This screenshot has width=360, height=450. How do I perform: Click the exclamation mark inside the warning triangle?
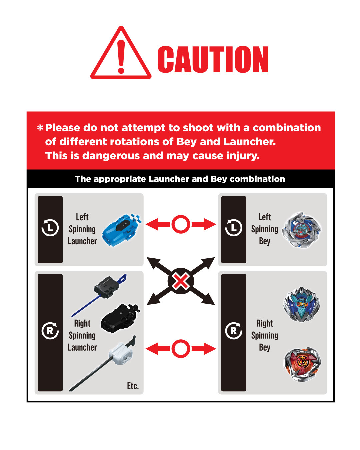(121, 56)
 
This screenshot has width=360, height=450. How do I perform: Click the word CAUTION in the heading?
(213, 59)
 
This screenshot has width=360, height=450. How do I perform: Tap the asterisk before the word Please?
(40, 128)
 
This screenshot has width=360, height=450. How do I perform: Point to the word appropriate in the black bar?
(119, 179)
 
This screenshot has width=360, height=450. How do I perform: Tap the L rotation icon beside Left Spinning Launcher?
(50, 228)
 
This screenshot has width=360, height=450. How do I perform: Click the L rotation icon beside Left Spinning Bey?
(233, 228)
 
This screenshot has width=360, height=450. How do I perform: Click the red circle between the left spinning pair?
(181, 224)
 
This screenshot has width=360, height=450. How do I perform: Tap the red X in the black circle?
(181, 281)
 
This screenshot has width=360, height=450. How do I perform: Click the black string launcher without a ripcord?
(120, 318)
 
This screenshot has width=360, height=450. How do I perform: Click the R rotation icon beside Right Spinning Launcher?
(50, 331)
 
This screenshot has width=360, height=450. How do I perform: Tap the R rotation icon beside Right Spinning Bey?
(233, 331)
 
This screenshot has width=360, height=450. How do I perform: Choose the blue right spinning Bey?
(301, 304)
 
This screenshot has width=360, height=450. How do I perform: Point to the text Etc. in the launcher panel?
(133, 386)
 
